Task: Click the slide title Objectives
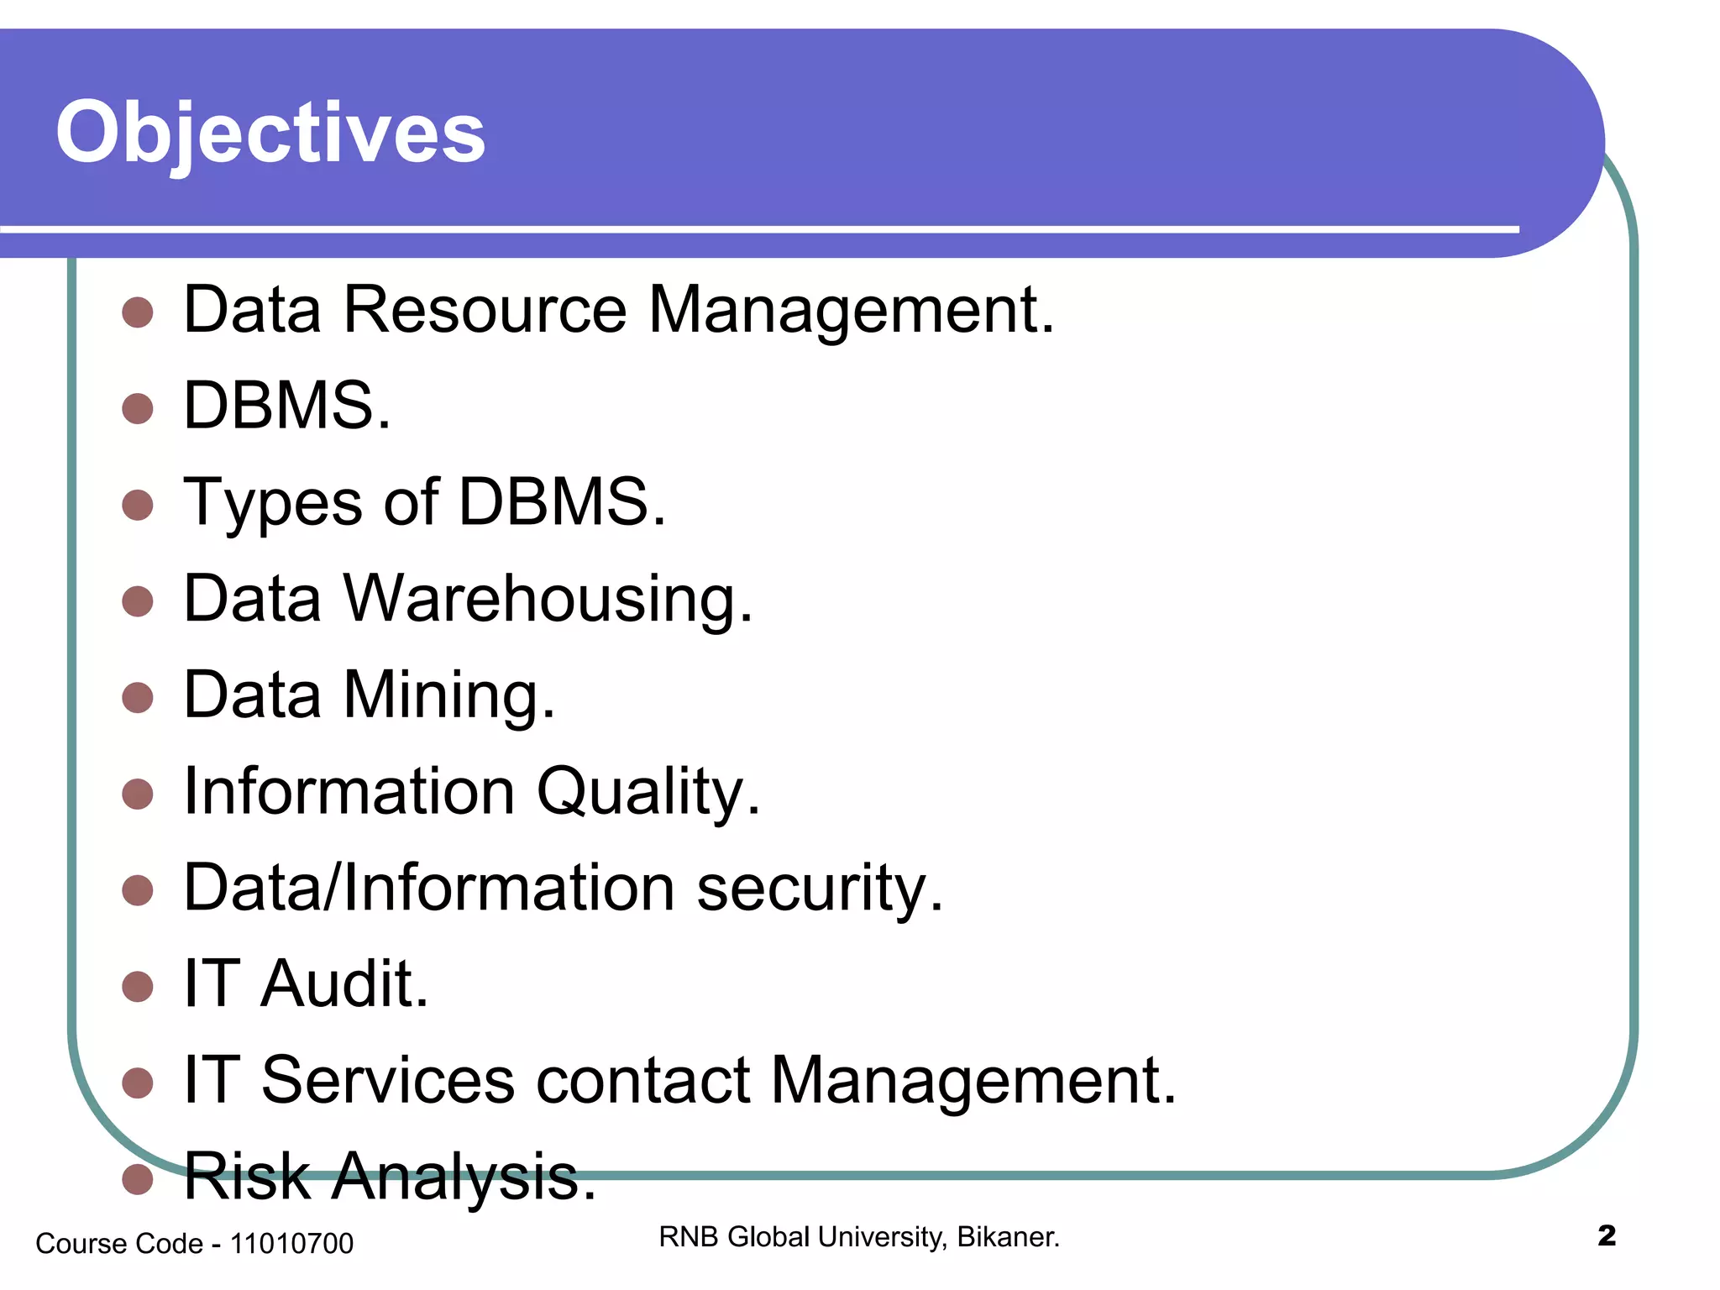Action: coord(270,133)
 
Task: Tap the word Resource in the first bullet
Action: coord(485,310)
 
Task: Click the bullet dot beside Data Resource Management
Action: coord(138,312)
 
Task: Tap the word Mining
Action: coord(448,695)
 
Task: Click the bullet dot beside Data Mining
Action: coord(138,697)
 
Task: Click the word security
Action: coord(819,888)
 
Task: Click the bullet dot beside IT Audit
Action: coord(138,987)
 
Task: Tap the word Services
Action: coord(388,1080)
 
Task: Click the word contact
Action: coord(642,1080)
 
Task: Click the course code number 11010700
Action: coord(291,1244)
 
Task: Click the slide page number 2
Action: coord(1607,1236)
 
